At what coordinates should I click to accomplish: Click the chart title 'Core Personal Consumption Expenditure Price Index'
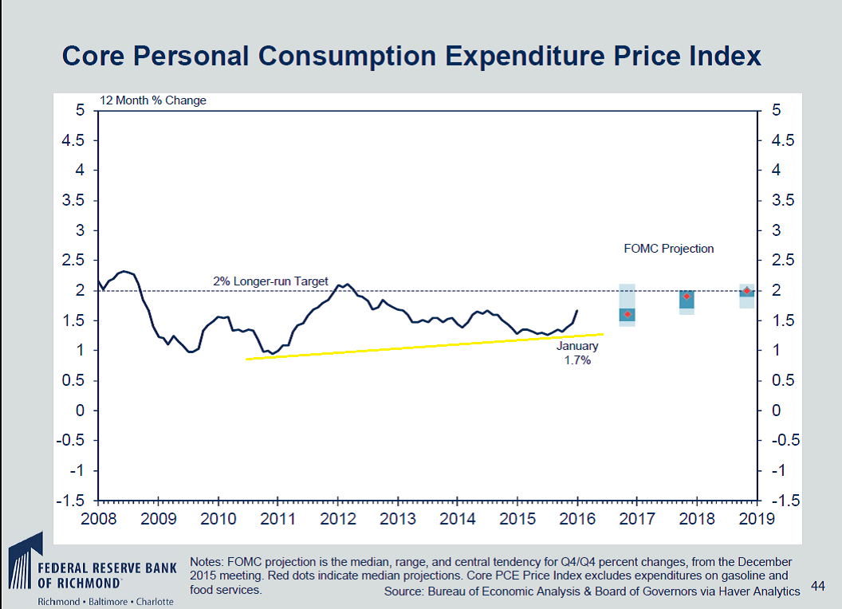tap(411, 57)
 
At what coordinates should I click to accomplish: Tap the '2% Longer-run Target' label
tap(270, 281)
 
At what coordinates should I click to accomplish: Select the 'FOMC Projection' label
tap(668, 249)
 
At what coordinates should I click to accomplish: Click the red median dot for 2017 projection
tap(627, 315)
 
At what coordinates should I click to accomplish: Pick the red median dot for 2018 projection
tap(687, 297)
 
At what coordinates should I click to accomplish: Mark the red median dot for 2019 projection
tap(746, 291)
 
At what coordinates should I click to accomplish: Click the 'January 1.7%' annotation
tap(576, 353)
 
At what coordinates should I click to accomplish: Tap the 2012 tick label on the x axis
tap(336, 520)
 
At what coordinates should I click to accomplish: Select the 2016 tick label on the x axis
tap(576, 520)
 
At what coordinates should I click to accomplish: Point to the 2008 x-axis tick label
tap(97, 520)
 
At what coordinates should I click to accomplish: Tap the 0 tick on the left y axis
tap(81, 411)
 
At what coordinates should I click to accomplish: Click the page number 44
tap(817, 586)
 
